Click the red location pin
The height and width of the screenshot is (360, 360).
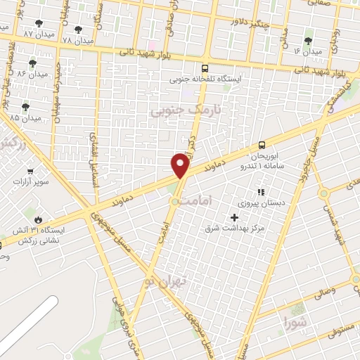(x=181, y=166)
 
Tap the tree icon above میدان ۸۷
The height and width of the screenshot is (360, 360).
(x=39, y=23)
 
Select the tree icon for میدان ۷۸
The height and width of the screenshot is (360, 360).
(x=77, y=30)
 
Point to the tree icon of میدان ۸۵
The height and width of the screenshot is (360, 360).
(x=26, y=106)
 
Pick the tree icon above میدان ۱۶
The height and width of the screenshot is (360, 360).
(x=308, y=40)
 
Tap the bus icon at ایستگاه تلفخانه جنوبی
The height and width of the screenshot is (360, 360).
(x=205, y=69)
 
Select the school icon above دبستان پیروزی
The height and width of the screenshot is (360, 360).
(x=260, y=191)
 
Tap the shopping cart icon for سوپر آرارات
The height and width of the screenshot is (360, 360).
(x=29, y=171)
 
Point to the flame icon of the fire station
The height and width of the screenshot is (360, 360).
(x=37, y=219)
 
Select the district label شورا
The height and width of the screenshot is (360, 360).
(x=296, y=323)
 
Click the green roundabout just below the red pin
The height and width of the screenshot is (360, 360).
(x=175, y=202)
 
